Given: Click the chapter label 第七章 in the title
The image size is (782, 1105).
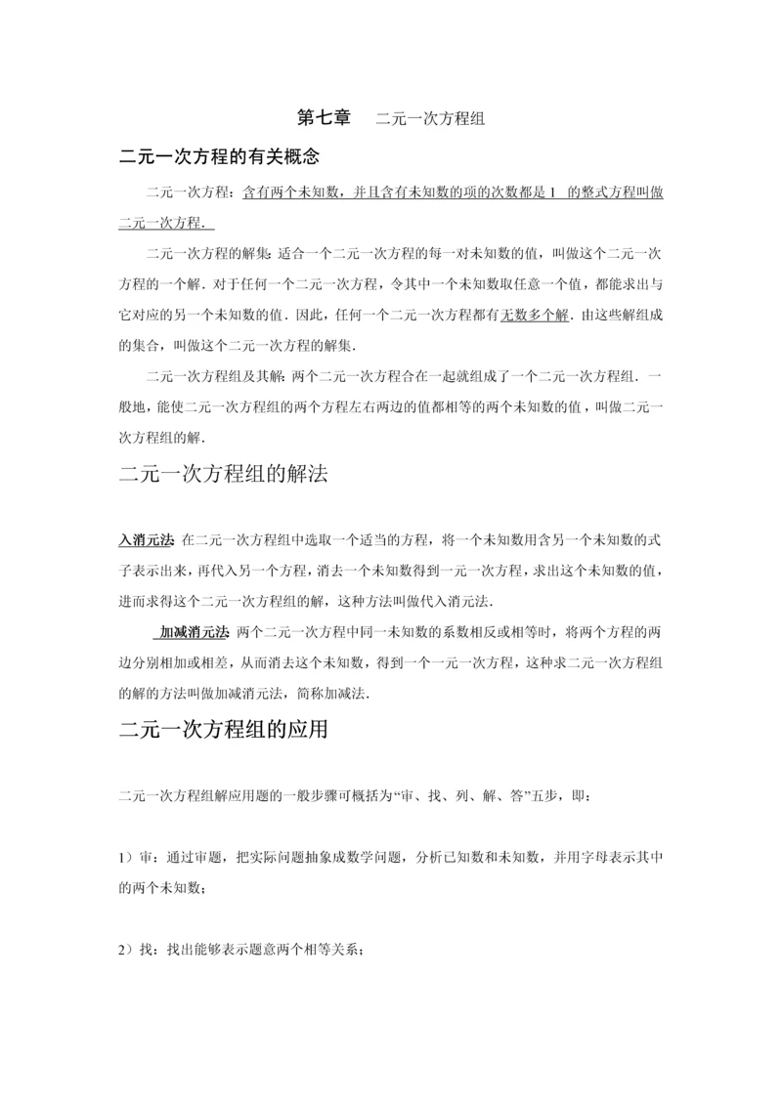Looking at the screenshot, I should pyautogui.click(x=324, y=119).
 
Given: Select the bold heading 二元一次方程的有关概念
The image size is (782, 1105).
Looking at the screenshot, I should pyautogui.click(x=219, y=156).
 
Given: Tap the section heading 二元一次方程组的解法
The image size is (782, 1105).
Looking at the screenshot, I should pyautogui.click(x=223, y=476).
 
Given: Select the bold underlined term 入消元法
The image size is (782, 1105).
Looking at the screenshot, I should pyautogui.click(x=146, y=539).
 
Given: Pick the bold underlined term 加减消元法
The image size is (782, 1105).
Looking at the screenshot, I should pyautogui.click(x=195, y=632).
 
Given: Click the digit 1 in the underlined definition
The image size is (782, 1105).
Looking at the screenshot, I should pyautogui.click(x=552, y=192).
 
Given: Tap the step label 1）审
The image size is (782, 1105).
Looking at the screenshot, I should pyautogui.click(x=133, y=858).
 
